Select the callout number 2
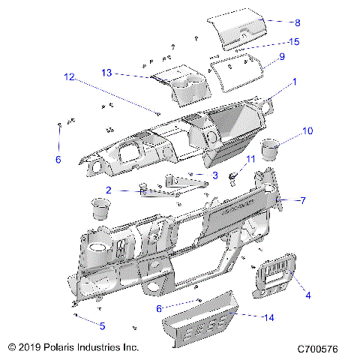pos(109,190)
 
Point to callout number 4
pos(307,295)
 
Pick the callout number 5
pos(103,325)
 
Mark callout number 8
pos(276,22)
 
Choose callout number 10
pos(307,131)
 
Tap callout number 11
pos(250,159)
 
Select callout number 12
pos(69,76)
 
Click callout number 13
pos(106,72)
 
